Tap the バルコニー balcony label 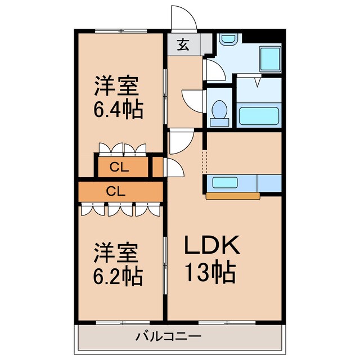[x=168, y=337]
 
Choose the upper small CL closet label [x=118, y=166]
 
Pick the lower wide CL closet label [x=115, y=191]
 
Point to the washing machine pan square [x=269, y=58]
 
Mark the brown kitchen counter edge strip [x=233, y=196]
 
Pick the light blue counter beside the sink [x=269, y=183]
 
